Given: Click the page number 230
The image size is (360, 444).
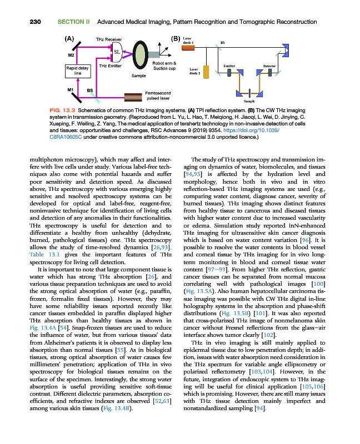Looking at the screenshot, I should tap(20, 22).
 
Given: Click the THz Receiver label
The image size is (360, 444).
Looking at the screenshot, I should tap(109, 40).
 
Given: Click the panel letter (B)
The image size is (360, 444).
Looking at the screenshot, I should tap(175, 39).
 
